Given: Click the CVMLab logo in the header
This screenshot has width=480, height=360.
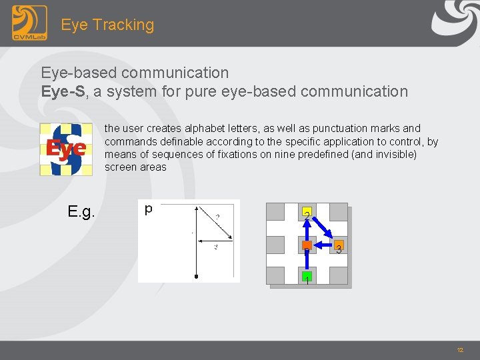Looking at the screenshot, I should tap(29, 23).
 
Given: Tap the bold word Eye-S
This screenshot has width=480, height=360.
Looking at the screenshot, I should tap(63, 91).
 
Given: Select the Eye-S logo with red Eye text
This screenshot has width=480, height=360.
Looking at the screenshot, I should tap(65, 149).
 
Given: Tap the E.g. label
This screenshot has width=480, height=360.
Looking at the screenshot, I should tap(81, 213).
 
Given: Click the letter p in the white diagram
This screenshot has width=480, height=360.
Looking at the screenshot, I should tap(148, 209).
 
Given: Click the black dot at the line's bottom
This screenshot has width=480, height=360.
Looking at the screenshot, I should tap(196, 275).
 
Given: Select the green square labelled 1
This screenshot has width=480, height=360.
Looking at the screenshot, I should tap(307, 276).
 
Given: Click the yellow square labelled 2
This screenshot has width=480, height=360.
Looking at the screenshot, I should tap(307, 214).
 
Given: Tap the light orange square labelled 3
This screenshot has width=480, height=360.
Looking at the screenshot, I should tap(339, 246).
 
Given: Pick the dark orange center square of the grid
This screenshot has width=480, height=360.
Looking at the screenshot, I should tap(307, 246).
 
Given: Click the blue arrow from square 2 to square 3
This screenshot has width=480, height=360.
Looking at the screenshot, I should tap(323, 230).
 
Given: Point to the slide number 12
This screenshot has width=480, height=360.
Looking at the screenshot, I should tap(460, 350).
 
